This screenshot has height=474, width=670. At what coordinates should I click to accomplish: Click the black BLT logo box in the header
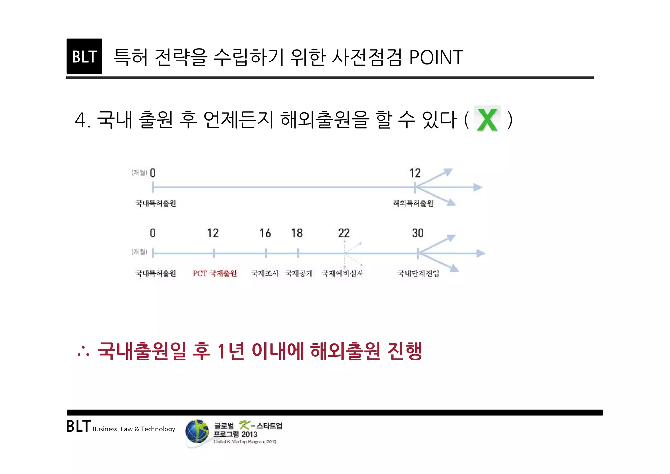84,56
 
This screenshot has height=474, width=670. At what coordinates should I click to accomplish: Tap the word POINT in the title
436,58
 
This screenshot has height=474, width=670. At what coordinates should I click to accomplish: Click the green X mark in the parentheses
487,119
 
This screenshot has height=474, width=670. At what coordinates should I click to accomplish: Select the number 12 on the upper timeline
415,173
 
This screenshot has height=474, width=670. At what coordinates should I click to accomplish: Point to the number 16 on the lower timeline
265,233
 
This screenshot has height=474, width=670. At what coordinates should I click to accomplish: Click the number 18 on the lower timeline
297,233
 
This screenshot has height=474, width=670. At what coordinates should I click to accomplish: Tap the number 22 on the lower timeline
344,233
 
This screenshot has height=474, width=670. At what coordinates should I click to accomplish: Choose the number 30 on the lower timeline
418,233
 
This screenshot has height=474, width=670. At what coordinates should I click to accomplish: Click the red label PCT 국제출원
215,273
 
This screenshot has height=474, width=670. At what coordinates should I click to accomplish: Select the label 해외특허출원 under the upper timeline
413,203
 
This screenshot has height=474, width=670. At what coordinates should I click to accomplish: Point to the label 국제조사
265,273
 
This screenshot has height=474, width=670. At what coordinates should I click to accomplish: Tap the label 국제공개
299,273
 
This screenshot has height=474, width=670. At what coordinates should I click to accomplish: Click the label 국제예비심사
343,273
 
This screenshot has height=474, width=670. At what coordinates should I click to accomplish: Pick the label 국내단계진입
418,273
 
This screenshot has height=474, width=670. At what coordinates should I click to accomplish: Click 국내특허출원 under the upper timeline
156,203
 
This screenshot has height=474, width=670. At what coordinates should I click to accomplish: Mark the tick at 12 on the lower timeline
214,253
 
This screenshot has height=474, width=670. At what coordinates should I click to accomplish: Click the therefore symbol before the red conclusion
83,352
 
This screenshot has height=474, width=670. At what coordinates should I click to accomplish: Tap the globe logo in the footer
197,432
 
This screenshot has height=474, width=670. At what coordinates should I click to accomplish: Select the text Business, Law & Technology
134,429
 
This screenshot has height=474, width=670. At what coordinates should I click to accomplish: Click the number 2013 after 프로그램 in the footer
249,434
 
